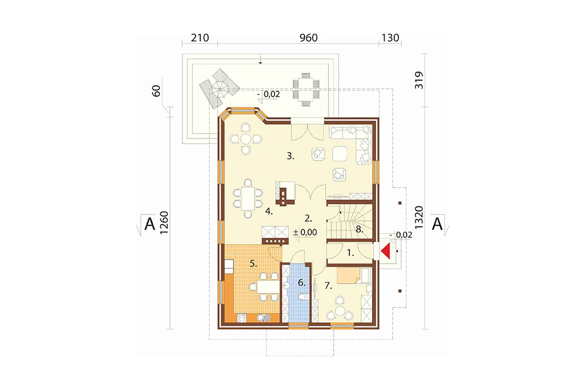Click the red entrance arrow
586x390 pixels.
(386, 251)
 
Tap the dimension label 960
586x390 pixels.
(308, 38)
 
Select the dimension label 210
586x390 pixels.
(200, 38)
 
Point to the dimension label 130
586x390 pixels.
(390, 38)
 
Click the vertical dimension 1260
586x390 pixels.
(164, 222)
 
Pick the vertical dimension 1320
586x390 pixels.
(419, 217)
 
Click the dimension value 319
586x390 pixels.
(419, 80)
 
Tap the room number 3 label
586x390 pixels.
(290, 156)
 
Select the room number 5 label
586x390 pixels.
(254, 264)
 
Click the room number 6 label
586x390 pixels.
(302, 283)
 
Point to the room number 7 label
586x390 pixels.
(328, 286)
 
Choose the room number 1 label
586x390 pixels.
(350, 253)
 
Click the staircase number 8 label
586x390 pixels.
(359, 229)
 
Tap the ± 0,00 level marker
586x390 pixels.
(305, 232)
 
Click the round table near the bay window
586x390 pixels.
(246, 139)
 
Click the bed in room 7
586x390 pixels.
(349, 276)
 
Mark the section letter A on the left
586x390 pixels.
(149, 224)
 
